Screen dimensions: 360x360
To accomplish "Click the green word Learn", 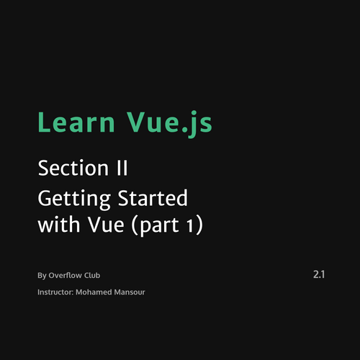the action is (x=76, y=122).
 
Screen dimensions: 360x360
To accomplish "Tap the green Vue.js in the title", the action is (x=169, y=125).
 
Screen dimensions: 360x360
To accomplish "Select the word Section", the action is (x=73, y=168).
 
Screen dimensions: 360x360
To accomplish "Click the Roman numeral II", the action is (x=122, y=168).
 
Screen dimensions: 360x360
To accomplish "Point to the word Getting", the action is (x=74, y=199).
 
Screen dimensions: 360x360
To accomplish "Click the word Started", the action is (x=153, y=197).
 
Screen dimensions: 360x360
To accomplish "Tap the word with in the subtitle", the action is (x=59, y=224).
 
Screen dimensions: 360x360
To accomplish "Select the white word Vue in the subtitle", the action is (x=106, y=225).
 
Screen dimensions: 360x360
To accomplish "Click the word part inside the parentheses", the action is (x=159, y=226).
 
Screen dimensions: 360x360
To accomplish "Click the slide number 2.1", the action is (x=319, y=274).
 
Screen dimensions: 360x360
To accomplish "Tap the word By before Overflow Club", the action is (x=42, y=276).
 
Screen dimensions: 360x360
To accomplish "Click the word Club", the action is (x=92, y=275).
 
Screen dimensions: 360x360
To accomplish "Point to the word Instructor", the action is (x=55, y=292).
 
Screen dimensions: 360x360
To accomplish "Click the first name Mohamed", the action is (x=94, y=292).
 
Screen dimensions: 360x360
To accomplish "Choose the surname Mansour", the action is (x=130, y=292).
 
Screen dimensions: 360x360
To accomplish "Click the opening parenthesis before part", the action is (x=134, y=225).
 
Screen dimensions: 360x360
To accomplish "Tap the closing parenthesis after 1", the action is (x=199, y=225).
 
